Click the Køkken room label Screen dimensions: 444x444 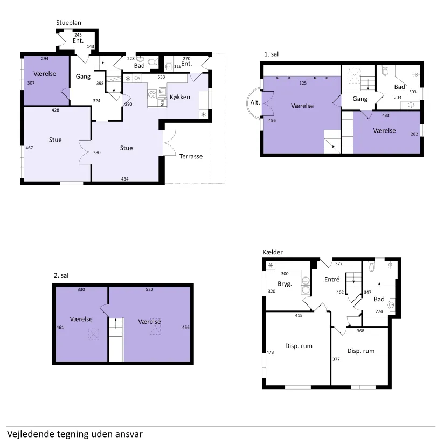[180, 97]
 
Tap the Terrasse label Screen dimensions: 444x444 [191, 156]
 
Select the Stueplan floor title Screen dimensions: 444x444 [68, 23]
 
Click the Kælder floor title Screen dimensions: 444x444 [273, 252]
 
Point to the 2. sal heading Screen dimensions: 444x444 [61, 275]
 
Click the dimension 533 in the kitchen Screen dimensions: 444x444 [161, 77]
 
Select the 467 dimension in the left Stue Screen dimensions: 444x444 [29, 148]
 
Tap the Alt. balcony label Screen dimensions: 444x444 [255, 102]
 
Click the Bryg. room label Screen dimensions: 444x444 [285, 284]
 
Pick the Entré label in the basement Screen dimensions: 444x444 [332, 280]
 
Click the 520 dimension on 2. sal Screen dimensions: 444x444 [149, 289]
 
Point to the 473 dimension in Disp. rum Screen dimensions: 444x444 [270, 352]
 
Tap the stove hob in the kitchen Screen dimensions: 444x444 [152, 94]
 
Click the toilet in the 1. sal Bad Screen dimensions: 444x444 [385, 71]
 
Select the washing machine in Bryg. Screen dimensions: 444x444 [306, 281]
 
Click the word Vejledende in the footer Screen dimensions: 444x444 [31, 434]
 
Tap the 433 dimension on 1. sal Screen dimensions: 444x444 [386, 115]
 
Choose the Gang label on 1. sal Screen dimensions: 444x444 [360, 99]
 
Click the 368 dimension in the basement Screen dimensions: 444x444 [360, 331]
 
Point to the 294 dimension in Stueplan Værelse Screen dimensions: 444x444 [45, 59]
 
